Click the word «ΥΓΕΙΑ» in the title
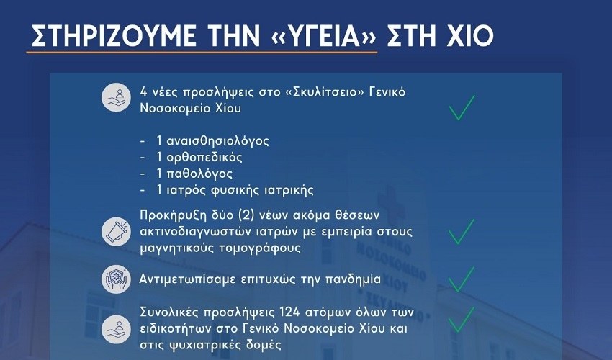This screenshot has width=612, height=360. pos(317,36)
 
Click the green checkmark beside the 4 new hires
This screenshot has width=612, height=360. pos(462,107)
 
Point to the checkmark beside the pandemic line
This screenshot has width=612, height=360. pos(462,279)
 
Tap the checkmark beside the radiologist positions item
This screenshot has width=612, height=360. pos(462,232)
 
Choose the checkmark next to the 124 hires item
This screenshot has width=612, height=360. pos(462,320)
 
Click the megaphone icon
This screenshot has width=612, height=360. pos(117,232)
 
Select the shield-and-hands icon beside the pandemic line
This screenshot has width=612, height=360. pos(117,279)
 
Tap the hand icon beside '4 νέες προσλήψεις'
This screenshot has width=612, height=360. pos(117,98)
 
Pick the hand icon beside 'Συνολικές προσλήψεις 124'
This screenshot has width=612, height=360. pos(117,330)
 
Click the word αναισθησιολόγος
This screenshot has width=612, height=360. pos(217,141)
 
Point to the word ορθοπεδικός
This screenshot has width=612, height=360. pos(204,158)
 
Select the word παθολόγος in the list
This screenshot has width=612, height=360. pos(199,174)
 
